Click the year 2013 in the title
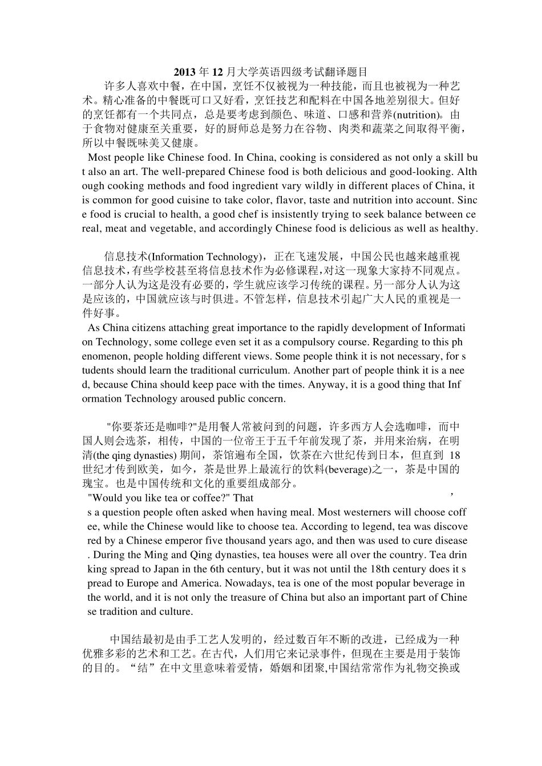tap(184, 72)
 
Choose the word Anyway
tap(326, 385)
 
